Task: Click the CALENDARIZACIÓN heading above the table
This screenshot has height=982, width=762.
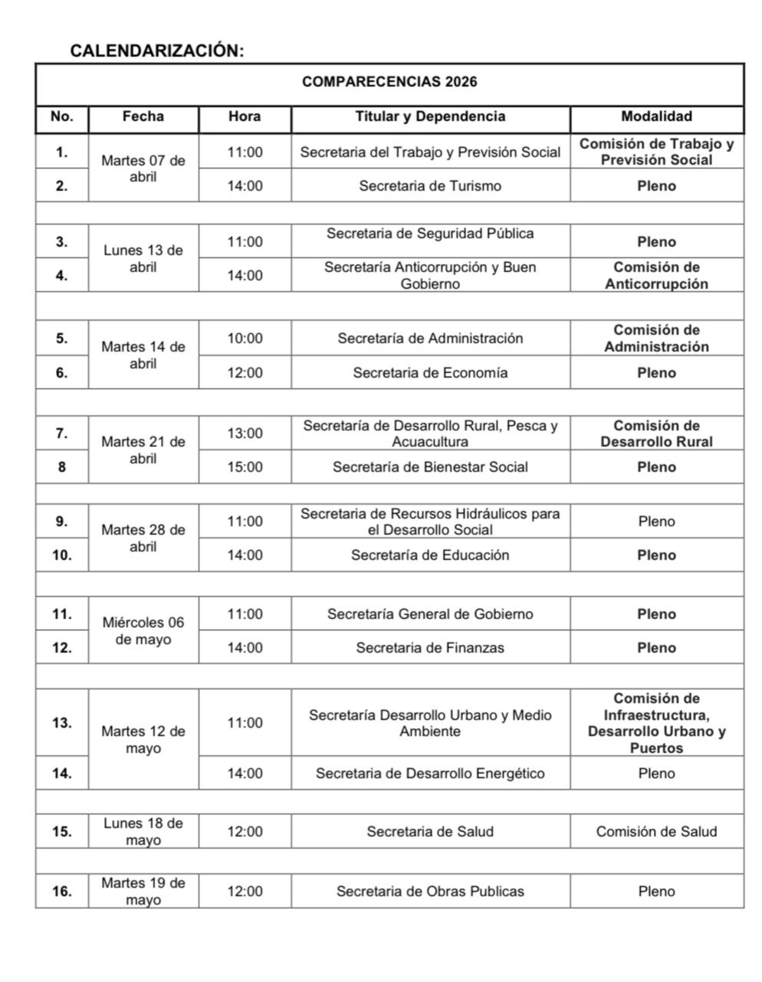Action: (x=156, y=51)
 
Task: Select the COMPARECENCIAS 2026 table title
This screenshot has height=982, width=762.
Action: (x=389, y=82)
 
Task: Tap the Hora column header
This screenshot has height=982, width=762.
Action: (x=245, y=116)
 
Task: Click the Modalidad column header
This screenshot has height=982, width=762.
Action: (x=656, y=116)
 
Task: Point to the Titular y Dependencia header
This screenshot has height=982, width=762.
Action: (x=430, y=116)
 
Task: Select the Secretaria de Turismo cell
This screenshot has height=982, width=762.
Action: (x=430, y=185)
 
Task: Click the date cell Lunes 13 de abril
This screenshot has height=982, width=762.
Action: (x=143, y=258)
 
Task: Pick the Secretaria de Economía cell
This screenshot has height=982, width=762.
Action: (x=430, y=373)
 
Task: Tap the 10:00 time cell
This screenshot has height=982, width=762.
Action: (x=245, y=339)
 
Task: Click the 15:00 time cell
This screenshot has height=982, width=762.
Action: (x=245, y=466)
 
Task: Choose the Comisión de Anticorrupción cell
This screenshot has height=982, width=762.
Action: (x=656, y=276)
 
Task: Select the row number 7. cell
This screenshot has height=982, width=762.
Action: (x=62, y=433)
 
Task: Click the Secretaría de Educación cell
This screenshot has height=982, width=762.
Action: (x=430, y=555)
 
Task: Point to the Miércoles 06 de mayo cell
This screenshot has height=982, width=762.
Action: (x=143, y=630)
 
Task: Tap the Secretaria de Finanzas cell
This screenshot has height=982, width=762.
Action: (x=430, y=647)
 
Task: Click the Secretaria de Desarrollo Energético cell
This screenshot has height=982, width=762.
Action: (x=430, y=773)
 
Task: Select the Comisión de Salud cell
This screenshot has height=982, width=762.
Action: (x=656, y=831)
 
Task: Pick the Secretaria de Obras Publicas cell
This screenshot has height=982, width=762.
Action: (x=430, y=891)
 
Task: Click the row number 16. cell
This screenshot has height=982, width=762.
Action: (x=62, y=891)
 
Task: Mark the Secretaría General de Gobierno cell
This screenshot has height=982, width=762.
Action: (x=430, y=614)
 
